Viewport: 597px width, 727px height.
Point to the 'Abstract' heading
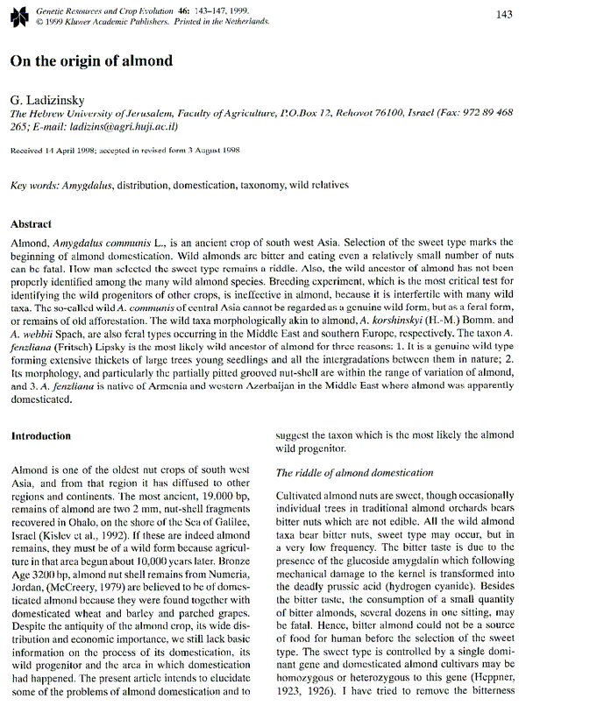pos(31,224)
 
